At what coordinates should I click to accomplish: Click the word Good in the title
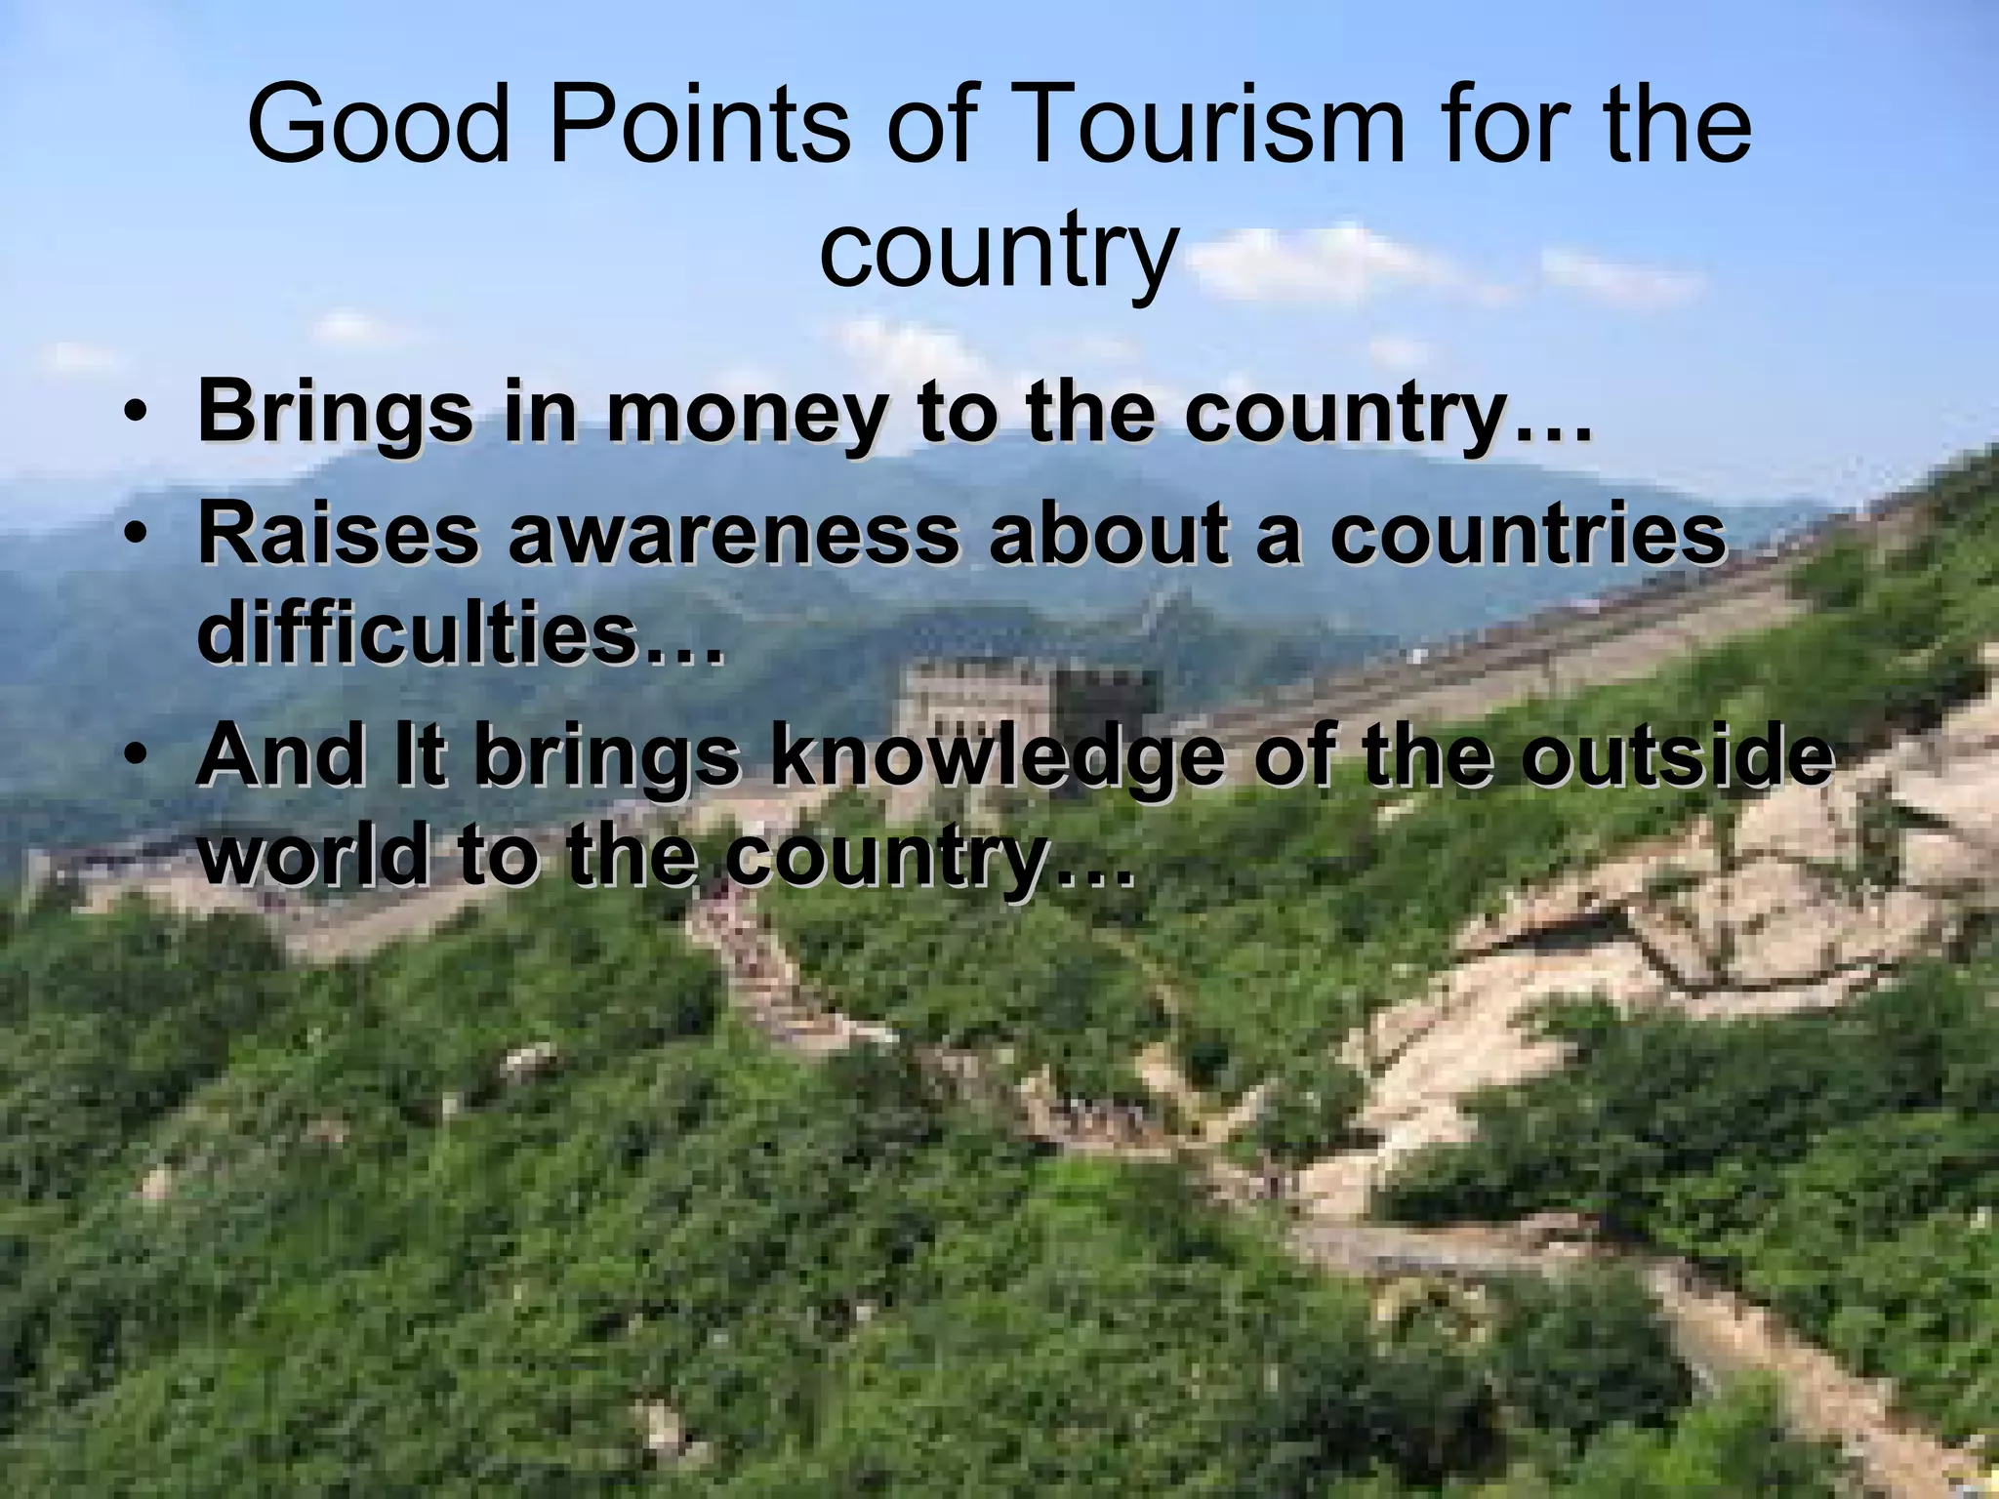click(380, 126)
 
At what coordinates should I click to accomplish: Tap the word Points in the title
click(701, 126)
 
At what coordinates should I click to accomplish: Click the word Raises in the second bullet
click(338, 534)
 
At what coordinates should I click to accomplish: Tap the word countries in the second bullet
click(1529, 534)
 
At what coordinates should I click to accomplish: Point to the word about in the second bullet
click(1108, 534)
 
